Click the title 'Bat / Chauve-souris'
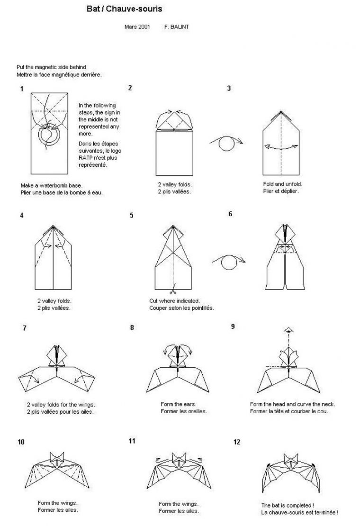point(125,9)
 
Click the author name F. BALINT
point(176,27)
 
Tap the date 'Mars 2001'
point(137,27)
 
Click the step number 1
point(22,89)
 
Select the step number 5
point(131,215)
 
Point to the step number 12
point(237,442)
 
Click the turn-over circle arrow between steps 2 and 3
point(226,142)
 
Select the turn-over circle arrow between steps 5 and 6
point(229,262)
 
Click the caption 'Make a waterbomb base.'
point(52,185)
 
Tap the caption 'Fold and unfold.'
point(283,184)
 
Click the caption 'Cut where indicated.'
point(174,301)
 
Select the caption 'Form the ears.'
point(178,404)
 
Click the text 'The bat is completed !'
point(288,505)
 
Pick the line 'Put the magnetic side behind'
point(51,67)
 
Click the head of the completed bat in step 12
point(291,460)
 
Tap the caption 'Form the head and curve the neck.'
point(292,404)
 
